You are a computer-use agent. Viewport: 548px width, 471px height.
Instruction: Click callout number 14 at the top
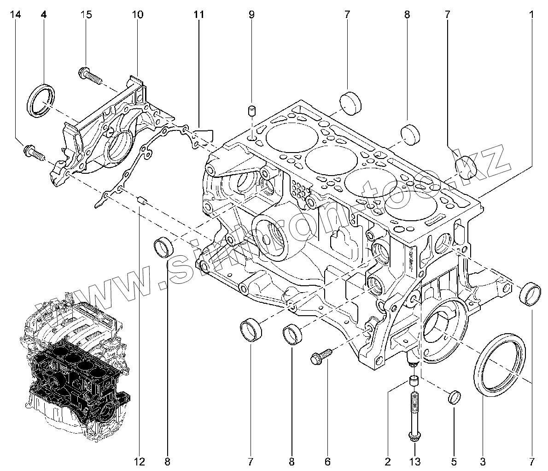(16, 15)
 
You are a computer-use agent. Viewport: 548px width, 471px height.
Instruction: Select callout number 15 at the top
(86, 15)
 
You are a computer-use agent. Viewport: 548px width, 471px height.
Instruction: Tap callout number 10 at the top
(137, 15)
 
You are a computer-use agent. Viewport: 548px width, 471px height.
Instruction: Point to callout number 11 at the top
(198, 15)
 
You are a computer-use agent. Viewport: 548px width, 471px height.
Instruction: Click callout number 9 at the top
(251, 15)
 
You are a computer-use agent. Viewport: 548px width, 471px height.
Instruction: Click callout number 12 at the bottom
(140, 461)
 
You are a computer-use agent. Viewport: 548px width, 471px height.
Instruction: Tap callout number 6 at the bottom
(328, 461)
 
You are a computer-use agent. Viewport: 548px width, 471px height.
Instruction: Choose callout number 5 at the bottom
(454, 461)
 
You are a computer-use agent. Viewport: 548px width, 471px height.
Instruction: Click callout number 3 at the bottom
(483, 461)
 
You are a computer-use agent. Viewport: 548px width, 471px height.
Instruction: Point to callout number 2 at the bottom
(387, 461)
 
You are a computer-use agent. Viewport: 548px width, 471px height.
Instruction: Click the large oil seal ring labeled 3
(500, 364)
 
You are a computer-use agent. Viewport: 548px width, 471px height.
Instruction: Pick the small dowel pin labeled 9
(251, 111)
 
